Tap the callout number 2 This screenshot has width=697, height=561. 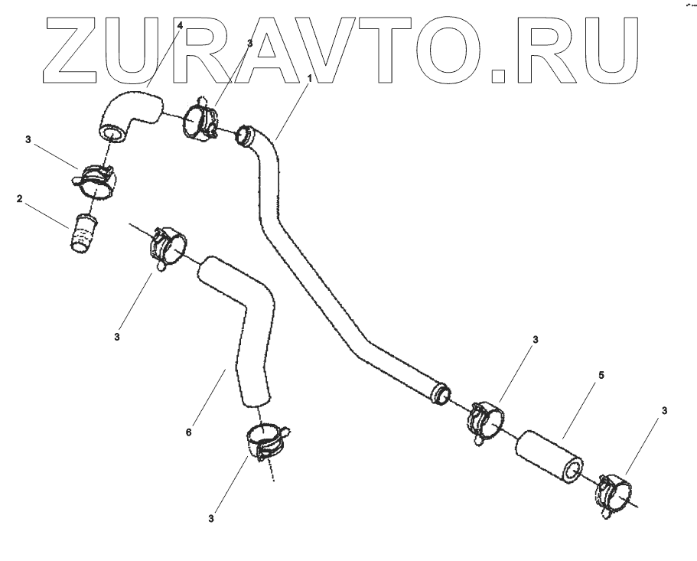[x=18, y=198]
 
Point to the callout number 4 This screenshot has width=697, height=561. [x=180, y=26]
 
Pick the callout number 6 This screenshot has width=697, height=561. [x=188, y=432]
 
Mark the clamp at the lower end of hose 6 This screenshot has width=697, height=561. [x=262, y=442]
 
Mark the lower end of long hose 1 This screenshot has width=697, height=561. [x=441, y=394]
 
